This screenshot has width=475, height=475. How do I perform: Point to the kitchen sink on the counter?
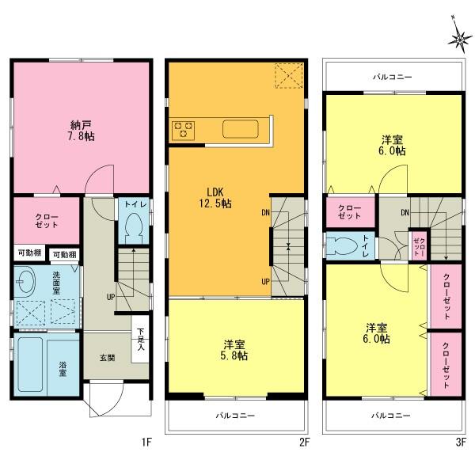click(x=239, y=128)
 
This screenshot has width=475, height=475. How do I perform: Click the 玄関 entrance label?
click(x=107, y=358)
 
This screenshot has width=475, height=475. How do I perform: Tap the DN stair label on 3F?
click(x=405, y=212)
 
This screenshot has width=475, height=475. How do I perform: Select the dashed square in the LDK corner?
click(x=287, y=77)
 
